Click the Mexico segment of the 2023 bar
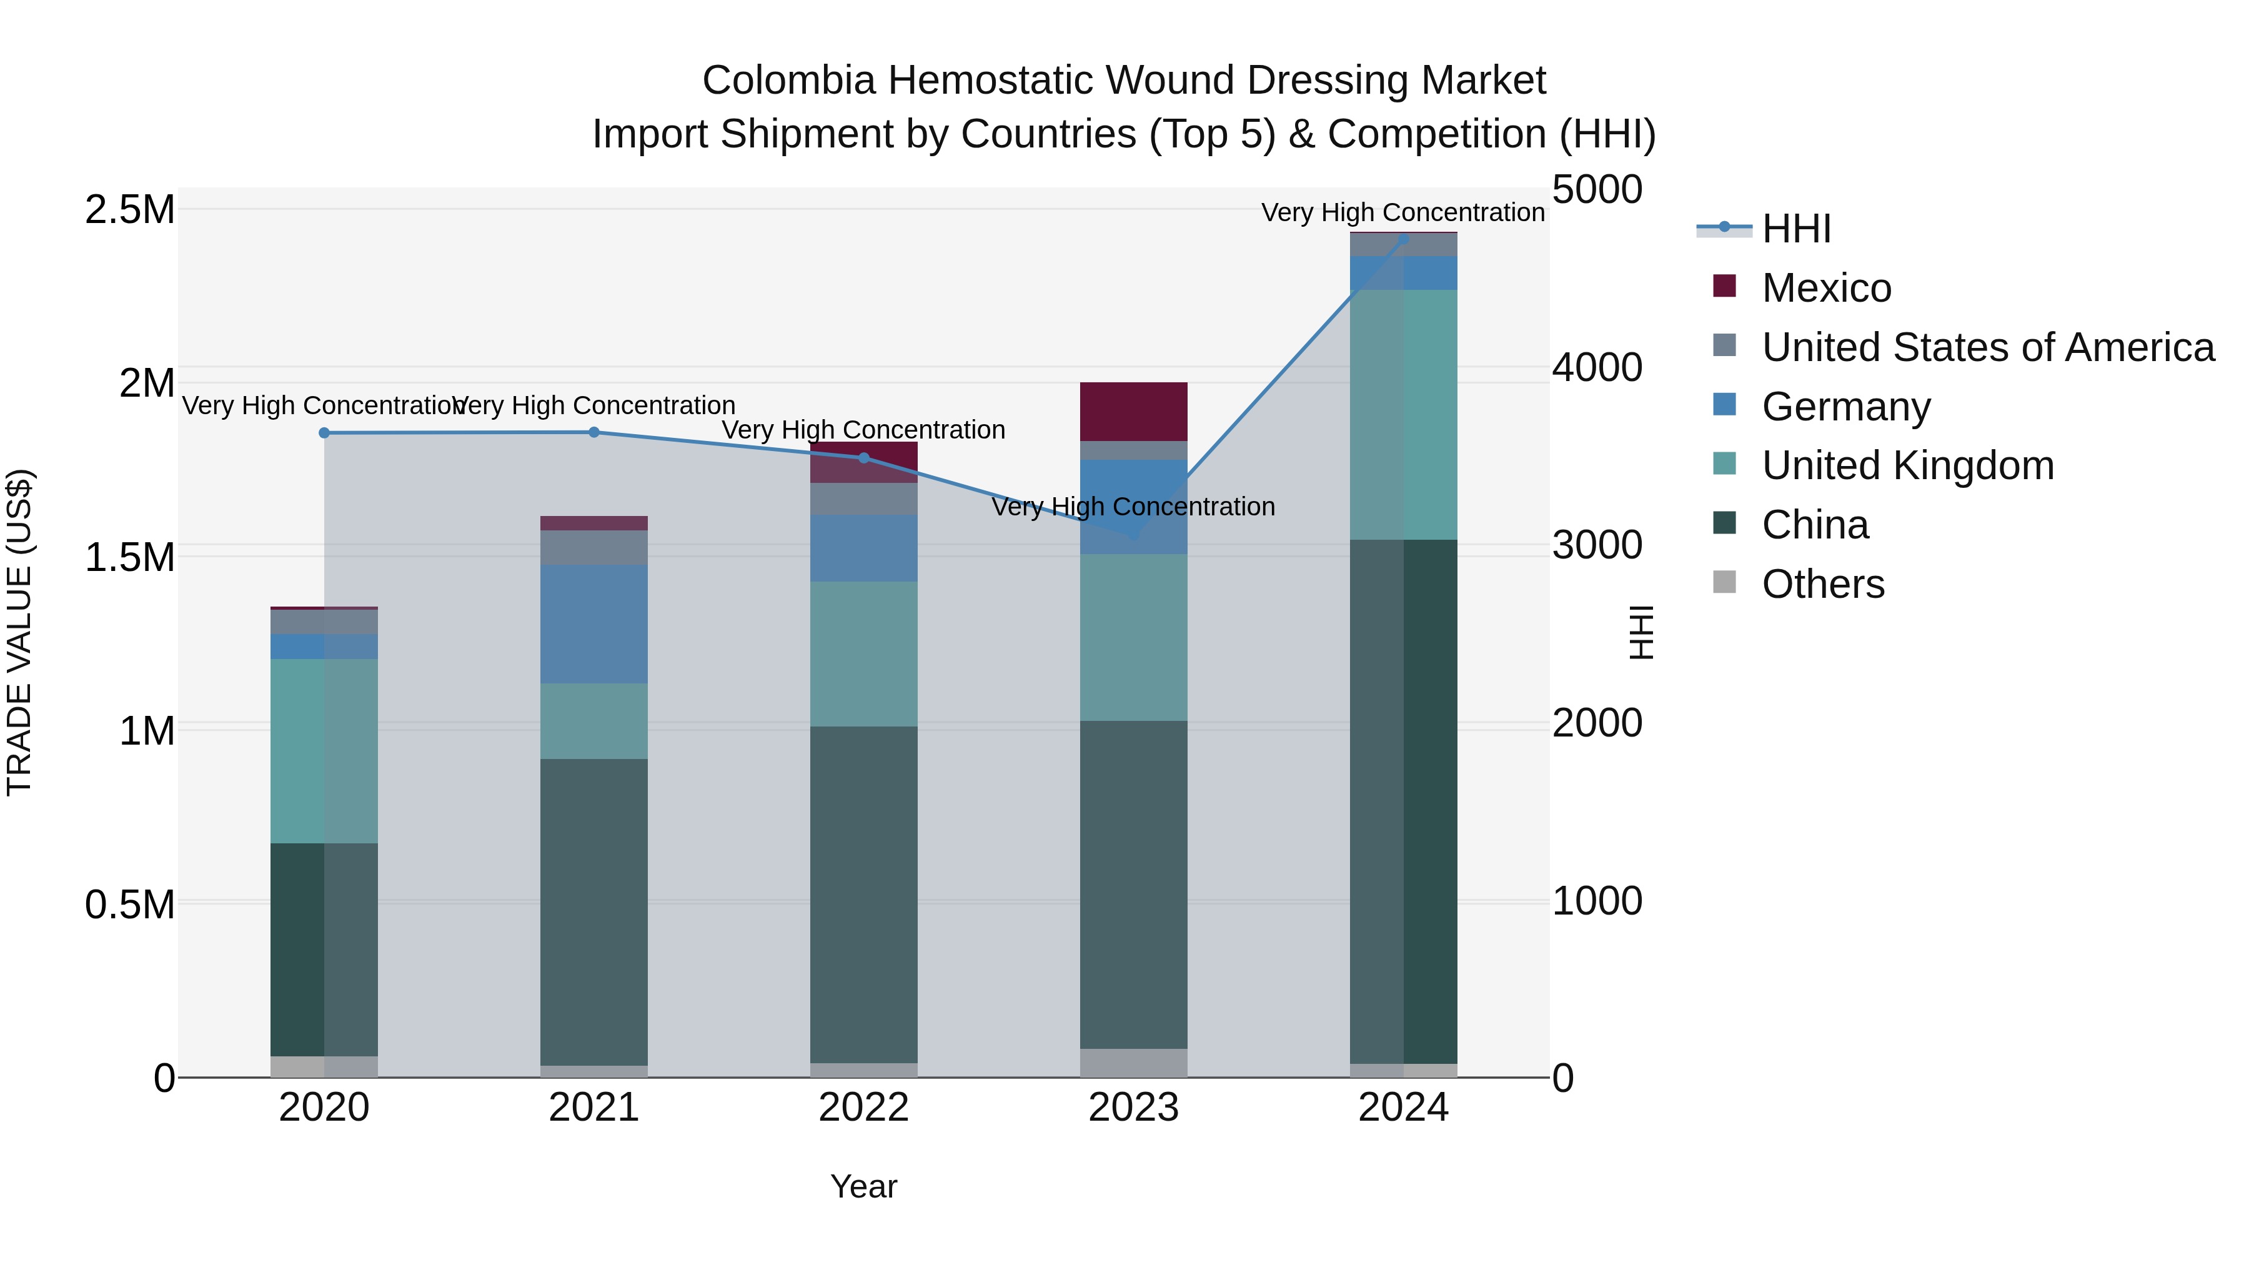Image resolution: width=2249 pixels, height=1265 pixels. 1133,411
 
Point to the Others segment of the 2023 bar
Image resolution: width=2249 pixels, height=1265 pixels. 1133,1063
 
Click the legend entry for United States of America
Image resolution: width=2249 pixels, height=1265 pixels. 1987,347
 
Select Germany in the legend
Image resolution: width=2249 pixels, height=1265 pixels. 1845,407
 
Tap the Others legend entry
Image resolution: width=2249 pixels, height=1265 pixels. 1822,584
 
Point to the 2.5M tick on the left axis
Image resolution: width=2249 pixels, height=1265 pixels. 130,211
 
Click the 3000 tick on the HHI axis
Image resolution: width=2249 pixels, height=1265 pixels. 1597,545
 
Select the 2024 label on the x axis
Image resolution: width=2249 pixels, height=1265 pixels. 1403,1108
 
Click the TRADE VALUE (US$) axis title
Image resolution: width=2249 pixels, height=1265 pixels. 19,632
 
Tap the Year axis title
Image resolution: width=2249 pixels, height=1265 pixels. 863,1186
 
